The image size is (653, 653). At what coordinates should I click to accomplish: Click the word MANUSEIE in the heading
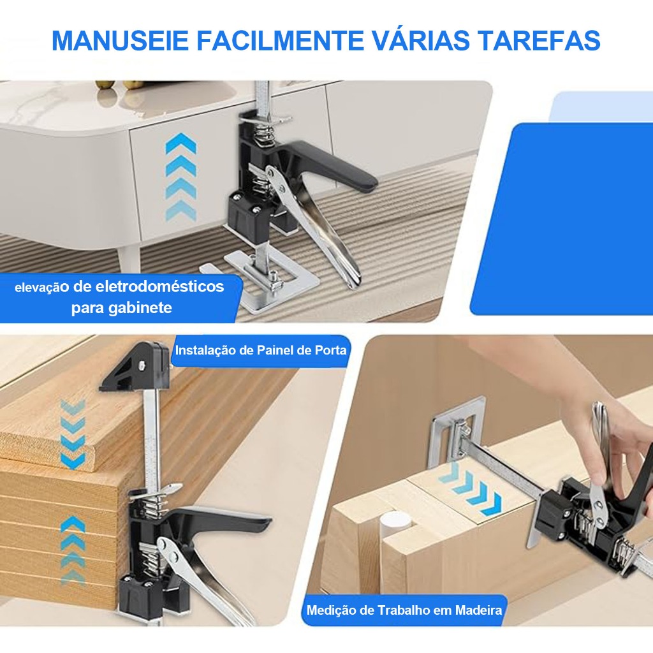tap(120, 40)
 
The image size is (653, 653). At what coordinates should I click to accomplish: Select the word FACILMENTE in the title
tap(279, 40)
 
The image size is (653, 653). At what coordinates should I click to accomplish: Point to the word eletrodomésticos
tap(159, 286)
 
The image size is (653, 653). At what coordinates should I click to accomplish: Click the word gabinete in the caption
tap(140, 308)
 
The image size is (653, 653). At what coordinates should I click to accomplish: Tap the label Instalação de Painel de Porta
tap(261, 350)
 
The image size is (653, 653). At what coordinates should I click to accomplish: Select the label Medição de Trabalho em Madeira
tap(404, 610)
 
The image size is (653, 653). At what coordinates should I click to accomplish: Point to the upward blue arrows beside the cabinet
tap(180, 177)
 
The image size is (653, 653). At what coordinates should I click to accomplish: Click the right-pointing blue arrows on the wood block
tap(471, 488)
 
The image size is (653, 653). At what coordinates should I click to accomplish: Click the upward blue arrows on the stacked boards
tap(73, 550)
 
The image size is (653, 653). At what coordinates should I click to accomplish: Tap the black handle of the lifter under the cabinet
tap(329, 166)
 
